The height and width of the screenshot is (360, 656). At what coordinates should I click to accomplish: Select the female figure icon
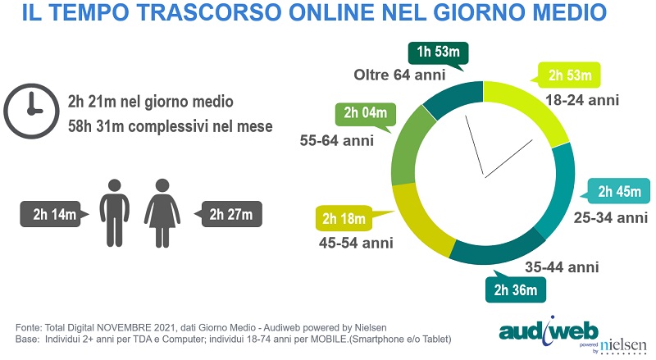(x=162, y=220)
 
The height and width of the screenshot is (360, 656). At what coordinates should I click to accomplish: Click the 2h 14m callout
(x=55, y=215)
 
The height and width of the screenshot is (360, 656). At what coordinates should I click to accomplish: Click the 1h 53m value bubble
(x=439, y=53)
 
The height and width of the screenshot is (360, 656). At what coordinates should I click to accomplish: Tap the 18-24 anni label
(x=582, y=101)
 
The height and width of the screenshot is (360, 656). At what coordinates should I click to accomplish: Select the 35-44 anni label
(x=562, y=267)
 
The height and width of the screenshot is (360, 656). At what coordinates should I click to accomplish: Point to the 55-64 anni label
(x=337, y=140)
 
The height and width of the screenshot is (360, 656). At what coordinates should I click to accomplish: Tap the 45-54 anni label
(x=356, y=244)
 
